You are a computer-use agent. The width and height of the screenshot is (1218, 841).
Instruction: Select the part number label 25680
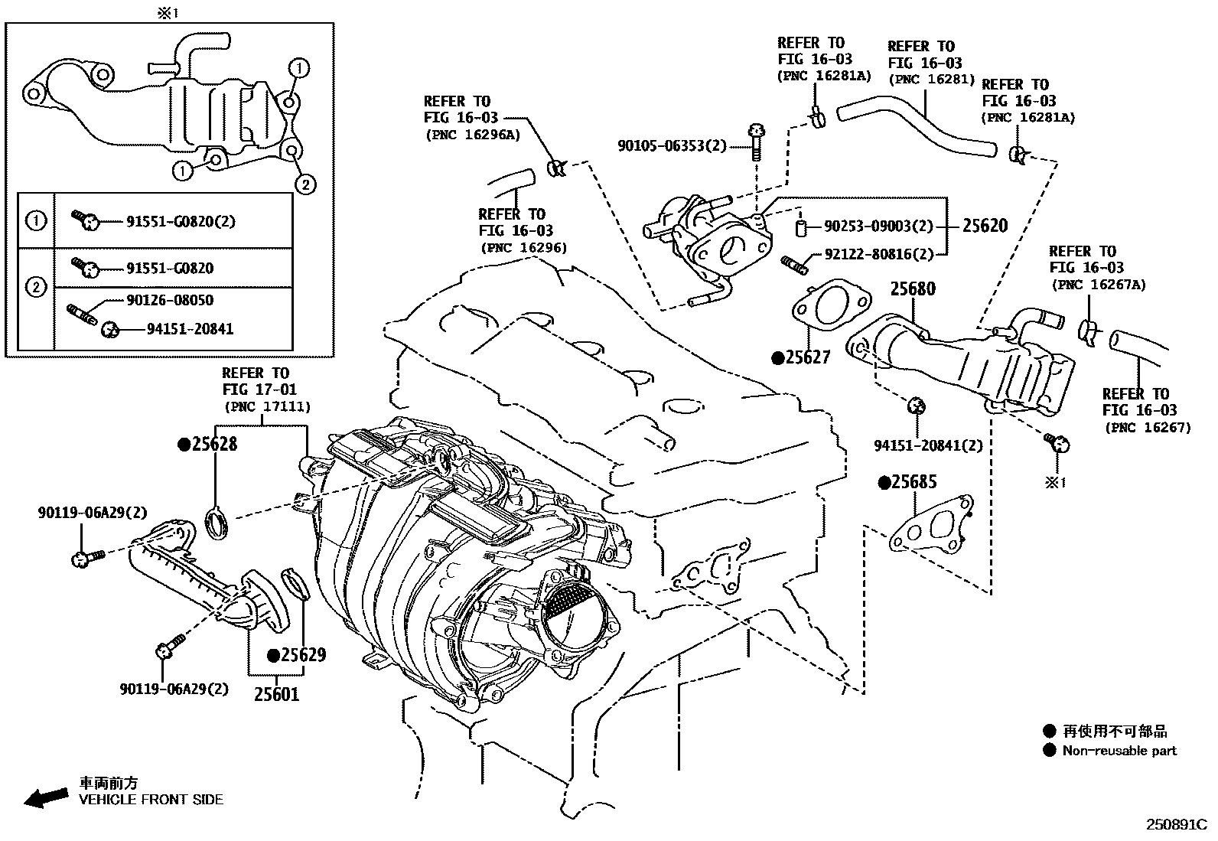point(912,289)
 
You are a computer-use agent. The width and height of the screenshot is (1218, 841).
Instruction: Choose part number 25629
point(302,655)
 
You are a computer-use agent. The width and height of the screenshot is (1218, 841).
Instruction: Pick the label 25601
point(276,694)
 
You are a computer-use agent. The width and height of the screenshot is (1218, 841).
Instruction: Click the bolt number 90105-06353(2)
point(672,145)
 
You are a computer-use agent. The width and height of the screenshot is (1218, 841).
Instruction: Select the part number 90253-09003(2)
point(878,227)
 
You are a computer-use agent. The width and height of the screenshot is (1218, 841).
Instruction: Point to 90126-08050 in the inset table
point(170,300)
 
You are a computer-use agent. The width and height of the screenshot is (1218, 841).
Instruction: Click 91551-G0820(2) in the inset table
point(180,222)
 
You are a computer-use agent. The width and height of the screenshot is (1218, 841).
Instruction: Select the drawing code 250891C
point(1175,825)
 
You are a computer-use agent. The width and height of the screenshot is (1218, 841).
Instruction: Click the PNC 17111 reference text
point(267,407)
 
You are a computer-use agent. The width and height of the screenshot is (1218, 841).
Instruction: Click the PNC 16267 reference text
point(1147,428)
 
